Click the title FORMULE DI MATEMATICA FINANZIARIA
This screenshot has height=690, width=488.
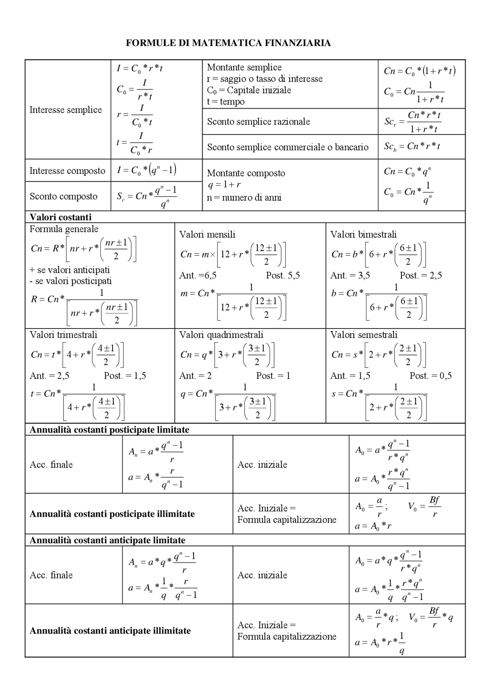(228, 43)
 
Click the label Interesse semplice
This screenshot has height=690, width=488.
(66, 110)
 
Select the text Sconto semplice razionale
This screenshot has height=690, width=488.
(258, 122)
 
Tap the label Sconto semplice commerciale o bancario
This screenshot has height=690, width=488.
(287, 147)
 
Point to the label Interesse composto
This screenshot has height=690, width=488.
(67, 170)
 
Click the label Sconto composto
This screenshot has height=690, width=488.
(63, 196)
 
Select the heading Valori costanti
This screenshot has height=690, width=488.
(60, 217)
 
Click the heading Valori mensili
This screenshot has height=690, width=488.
(207, 234)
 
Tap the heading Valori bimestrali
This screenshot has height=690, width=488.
(363, 234)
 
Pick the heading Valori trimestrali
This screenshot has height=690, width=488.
(63, 335)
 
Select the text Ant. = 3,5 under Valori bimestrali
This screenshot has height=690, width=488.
(350, 275)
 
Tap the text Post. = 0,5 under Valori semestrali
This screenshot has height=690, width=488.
(430, 376)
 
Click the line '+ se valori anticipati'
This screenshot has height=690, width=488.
(69, 270)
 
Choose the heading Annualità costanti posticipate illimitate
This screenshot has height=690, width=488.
(112, 514)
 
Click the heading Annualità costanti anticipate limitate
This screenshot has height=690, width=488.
(107, 540)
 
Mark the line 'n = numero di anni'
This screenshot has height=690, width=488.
(244, 197)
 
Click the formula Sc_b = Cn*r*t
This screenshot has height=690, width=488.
(412, 146)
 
